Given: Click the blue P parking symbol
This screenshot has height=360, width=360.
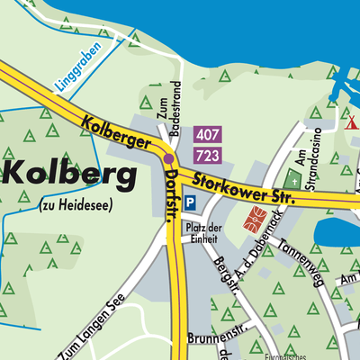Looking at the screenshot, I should pyautogui.click(x=190, y=204).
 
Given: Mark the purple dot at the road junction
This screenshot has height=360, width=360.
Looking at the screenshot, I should pyautogui.click(x=168, y=158).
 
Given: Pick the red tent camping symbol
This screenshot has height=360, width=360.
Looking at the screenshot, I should pyautogui.click(x=352, y=121).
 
